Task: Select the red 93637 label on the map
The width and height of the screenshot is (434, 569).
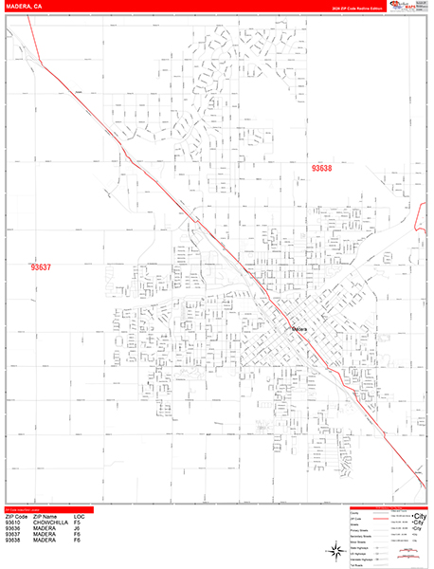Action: pyautogui.click(x=42, y=268)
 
